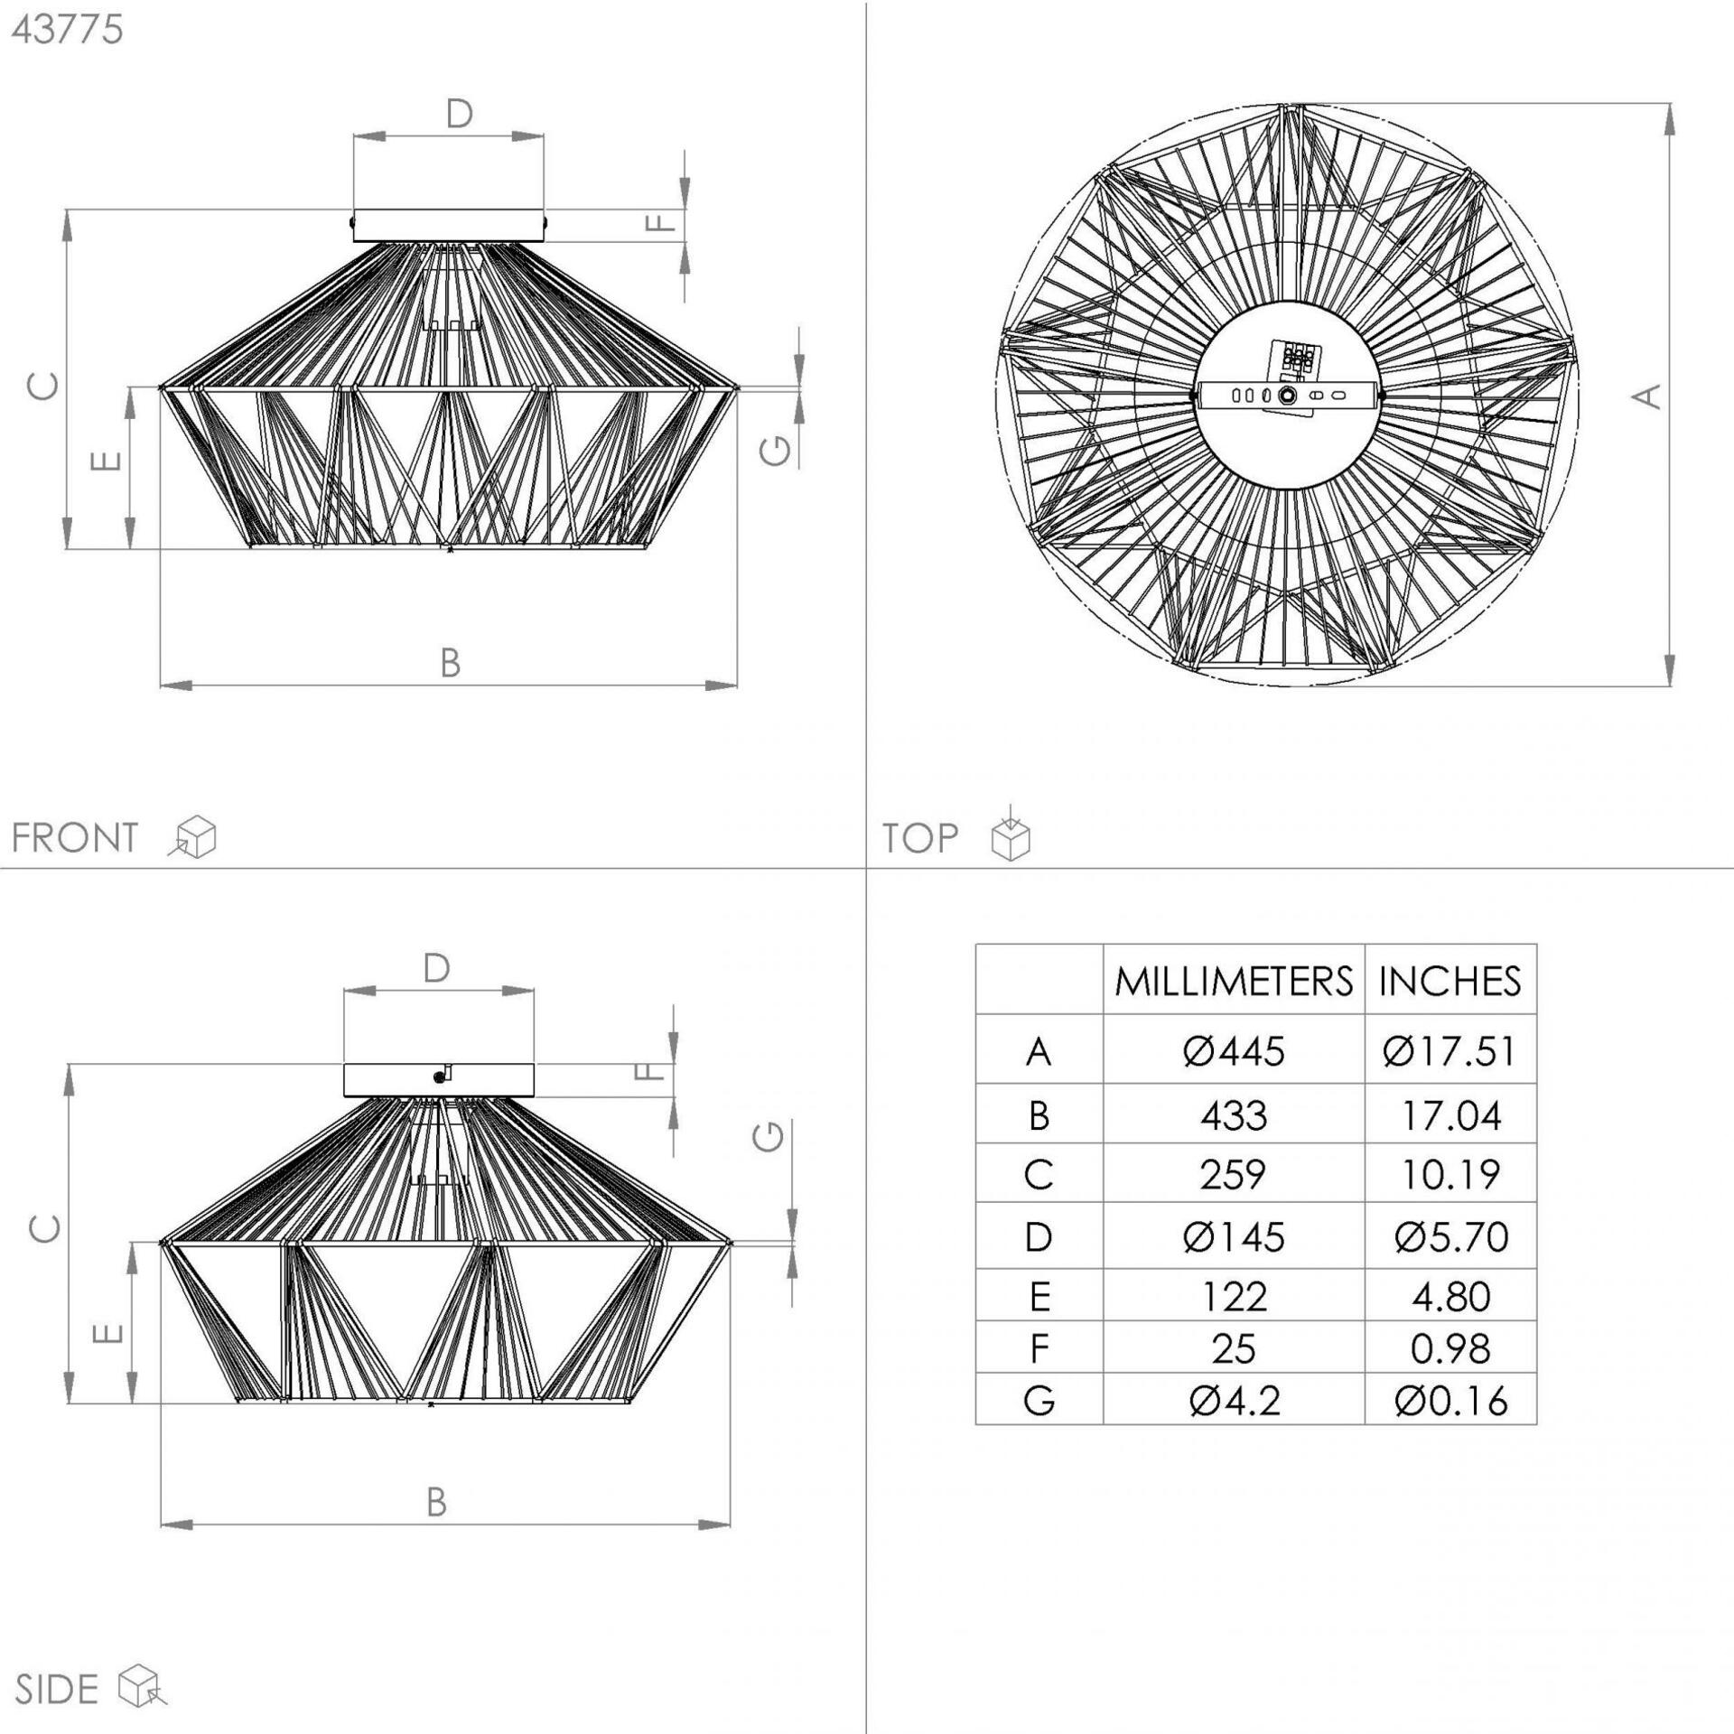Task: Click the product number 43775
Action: (67, 30)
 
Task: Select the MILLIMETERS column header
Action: (1234, 982)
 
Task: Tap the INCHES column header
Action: (1450, 982)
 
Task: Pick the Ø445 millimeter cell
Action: (1234, 1051)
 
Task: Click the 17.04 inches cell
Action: (1450, 1116)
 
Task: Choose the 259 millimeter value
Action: (1234, 1175)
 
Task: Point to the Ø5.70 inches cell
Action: (1450, 1237)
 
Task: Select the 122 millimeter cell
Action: (1234, 1297)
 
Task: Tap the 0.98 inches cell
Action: (1450, 1349)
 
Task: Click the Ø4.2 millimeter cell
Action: (1234, 1401)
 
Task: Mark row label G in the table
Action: (1039, 1401)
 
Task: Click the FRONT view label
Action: (75, 838)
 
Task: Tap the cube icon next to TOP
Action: (1011, 832)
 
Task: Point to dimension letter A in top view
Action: (1649, 396)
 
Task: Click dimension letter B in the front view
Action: (450, 664)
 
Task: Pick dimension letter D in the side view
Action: (437, 969)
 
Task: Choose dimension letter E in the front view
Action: (107, 461)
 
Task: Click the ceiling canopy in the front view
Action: (449, 226)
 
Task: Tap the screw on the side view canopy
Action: (440, 1077)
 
